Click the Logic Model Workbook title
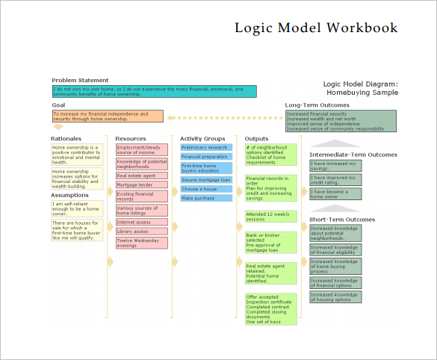(316, 28)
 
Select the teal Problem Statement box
(154, 91)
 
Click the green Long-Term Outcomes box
(341, 121)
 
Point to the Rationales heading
(66, 139)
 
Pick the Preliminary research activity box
(206, 148)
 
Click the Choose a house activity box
(206, 189)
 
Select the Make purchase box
(206, 199)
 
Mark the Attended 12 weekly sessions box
(271, 217)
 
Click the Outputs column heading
(257, 139)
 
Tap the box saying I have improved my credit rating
(335, 180)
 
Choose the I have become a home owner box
(335, 193)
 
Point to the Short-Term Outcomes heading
(342, 220)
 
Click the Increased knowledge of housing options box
(335, 297)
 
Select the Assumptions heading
(69, 194)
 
